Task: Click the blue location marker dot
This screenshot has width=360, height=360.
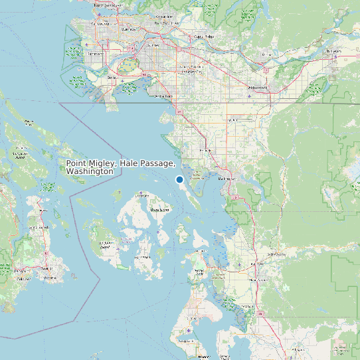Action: [x=179, y=180]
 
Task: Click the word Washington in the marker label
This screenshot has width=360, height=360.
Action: [x=90, y=171]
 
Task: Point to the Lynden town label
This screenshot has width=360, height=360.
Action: [x=232, y=121]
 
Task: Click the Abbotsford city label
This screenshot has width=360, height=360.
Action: [x=258, y=87]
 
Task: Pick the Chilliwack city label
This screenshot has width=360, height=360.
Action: [x=332, y=50]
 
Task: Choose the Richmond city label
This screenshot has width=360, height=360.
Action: [x=96, y=52]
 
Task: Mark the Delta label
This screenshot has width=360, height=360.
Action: [x=112, y=77]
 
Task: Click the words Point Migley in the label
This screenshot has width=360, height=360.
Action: [x=90, y=163]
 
